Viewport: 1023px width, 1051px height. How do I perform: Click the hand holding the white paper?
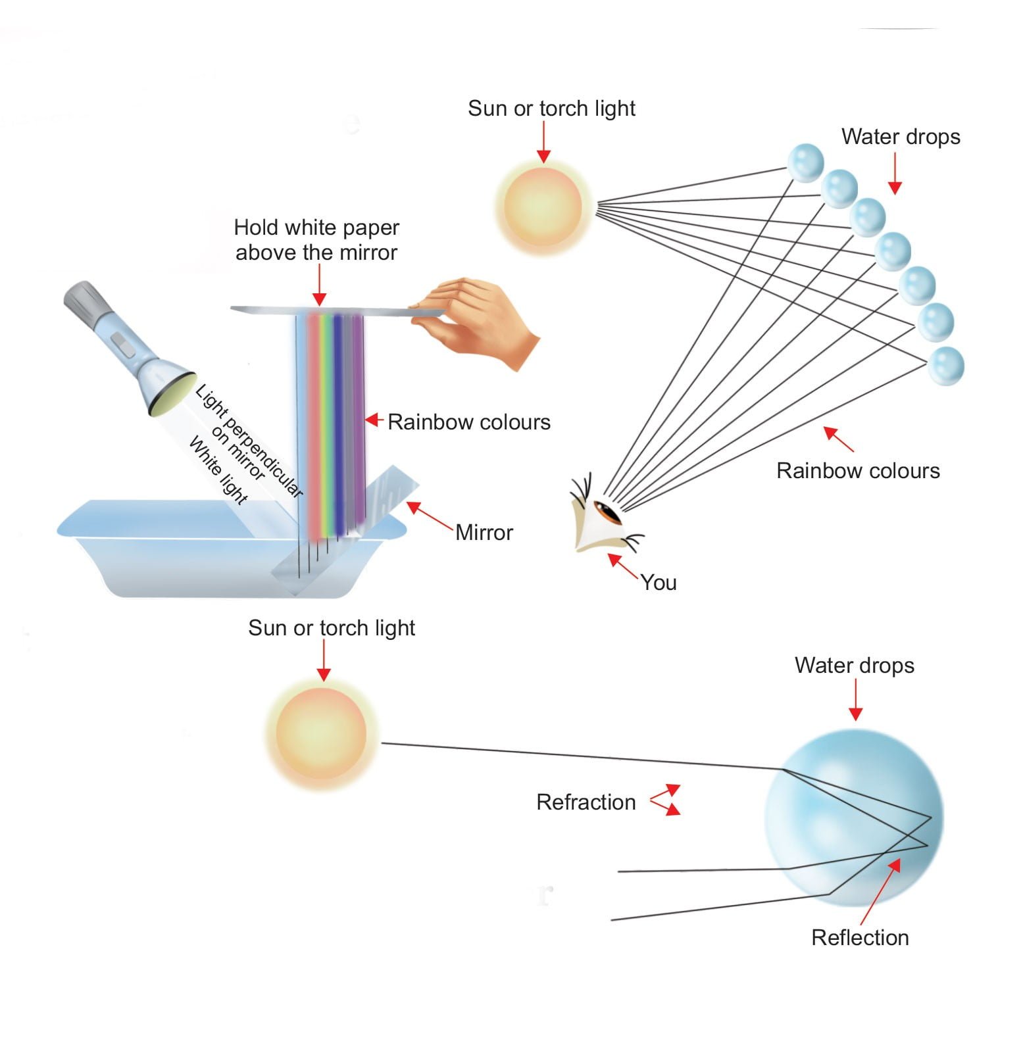click(x=477, y=322)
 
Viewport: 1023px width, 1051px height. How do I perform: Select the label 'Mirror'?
click(x=484, y=532)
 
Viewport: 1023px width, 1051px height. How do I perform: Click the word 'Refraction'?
click(x=586, y=802)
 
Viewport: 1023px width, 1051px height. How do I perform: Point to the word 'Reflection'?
click(x=860, y=937)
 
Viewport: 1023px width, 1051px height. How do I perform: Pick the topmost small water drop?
click(x=805, y=162)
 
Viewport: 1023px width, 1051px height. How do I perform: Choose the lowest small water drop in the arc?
click(x=945, y=365)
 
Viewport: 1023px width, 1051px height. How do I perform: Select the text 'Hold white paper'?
click(x=316, y=228)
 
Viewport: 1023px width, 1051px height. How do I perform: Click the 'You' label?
click(x=659, y=582)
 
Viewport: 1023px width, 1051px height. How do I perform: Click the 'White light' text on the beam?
click(x=218, y=470)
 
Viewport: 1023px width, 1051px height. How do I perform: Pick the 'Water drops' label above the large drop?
click(x=854, y=665)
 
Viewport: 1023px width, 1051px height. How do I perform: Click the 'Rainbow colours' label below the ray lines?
click(x=858, y=470)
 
